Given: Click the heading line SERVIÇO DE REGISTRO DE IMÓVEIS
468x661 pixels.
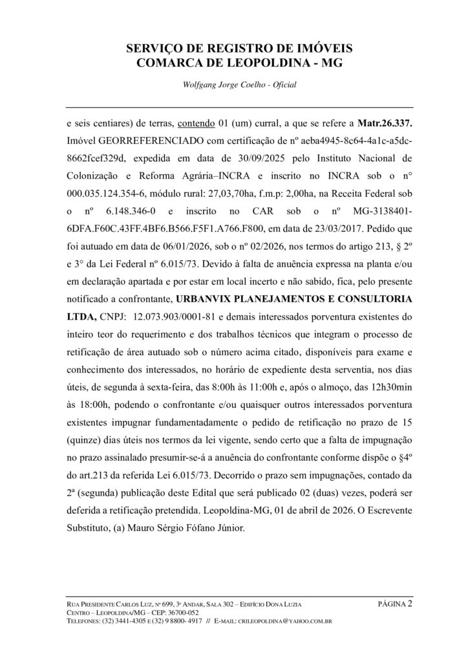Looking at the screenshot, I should tap(234, 48).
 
